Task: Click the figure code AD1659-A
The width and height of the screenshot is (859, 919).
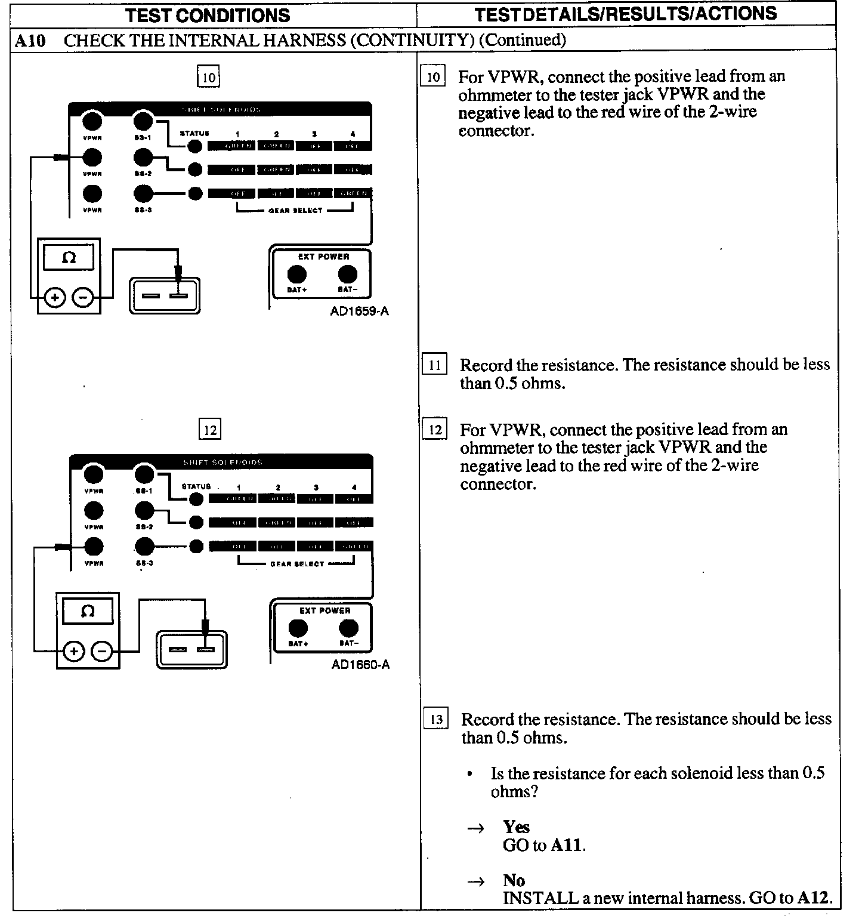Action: (x=359, y=312)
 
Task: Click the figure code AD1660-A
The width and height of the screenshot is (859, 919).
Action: (x=360, y=665)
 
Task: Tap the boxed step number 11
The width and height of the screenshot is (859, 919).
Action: (x=434, y=365)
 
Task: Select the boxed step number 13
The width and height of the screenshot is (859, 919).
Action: (x=436, y=719)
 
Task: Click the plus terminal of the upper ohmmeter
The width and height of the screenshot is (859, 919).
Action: (x=55, y=297)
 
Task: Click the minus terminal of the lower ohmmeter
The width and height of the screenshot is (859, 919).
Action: (x=103, y=651)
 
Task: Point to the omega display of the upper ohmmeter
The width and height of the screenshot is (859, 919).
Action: (x=69, y=258)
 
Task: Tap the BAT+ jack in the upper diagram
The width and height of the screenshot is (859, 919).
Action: (x=297, y=275)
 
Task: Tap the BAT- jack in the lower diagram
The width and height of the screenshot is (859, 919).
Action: (x=348, y=628)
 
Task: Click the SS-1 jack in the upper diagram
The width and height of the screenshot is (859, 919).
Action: (x=143, y=121)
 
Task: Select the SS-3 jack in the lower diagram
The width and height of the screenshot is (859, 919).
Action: (x=144, y=546)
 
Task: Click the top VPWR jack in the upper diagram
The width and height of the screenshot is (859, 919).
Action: (x=92, y=121)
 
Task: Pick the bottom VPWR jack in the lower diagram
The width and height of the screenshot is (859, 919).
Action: (x=94, y=546)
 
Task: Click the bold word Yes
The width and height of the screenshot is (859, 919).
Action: (x=516, y=827)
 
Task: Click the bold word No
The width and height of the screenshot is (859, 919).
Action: (x=514, y=881)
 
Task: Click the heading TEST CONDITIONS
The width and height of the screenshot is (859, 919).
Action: (x=208, y=16)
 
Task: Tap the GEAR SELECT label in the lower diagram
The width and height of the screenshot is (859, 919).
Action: (x=296, y=564)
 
